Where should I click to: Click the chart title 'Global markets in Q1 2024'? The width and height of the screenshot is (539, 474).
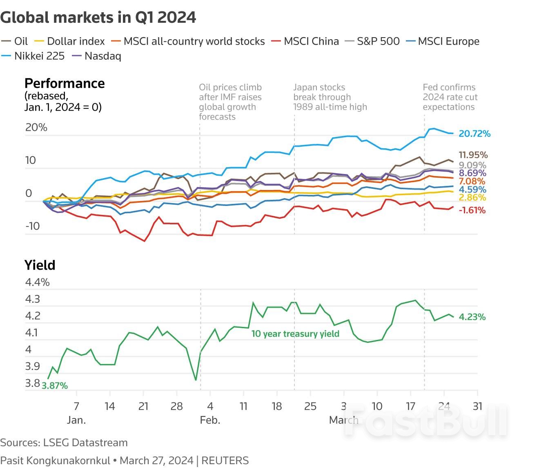pos(98,18)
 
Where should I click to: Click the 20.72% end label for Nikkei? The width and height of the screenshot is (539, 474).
pos(474,134)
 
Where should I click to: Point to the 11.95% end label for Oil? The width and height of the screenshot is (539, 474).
pos(473,155)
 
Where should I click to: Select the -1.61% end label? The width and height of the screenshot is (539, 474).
pos(472,210)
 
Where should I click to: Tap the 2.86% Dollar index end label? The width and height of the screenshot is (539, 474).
pos(472,198)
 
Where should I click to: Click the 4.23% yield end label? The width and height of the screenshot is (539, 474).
pos(472,317)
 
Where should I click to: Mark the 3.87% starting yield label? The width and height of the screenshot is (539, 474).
pos(55,386)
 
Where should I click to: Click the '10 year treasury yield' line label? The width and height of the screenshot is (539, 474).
pos(295,334)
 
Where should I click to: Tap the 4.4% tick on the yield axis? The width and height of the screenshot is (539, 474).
pos(37,282)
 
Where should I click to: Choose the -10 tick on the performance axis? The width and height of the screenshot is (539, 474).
pos(33,226)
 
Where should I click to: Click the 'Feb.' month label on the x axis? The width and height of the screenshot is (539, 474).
pos(210,420)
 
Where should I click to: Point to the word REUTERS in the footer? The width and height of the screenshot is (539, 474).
pos(225,461)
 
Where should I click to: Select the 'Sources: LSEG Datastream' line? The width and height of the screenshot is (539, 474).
pos(64,443)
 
